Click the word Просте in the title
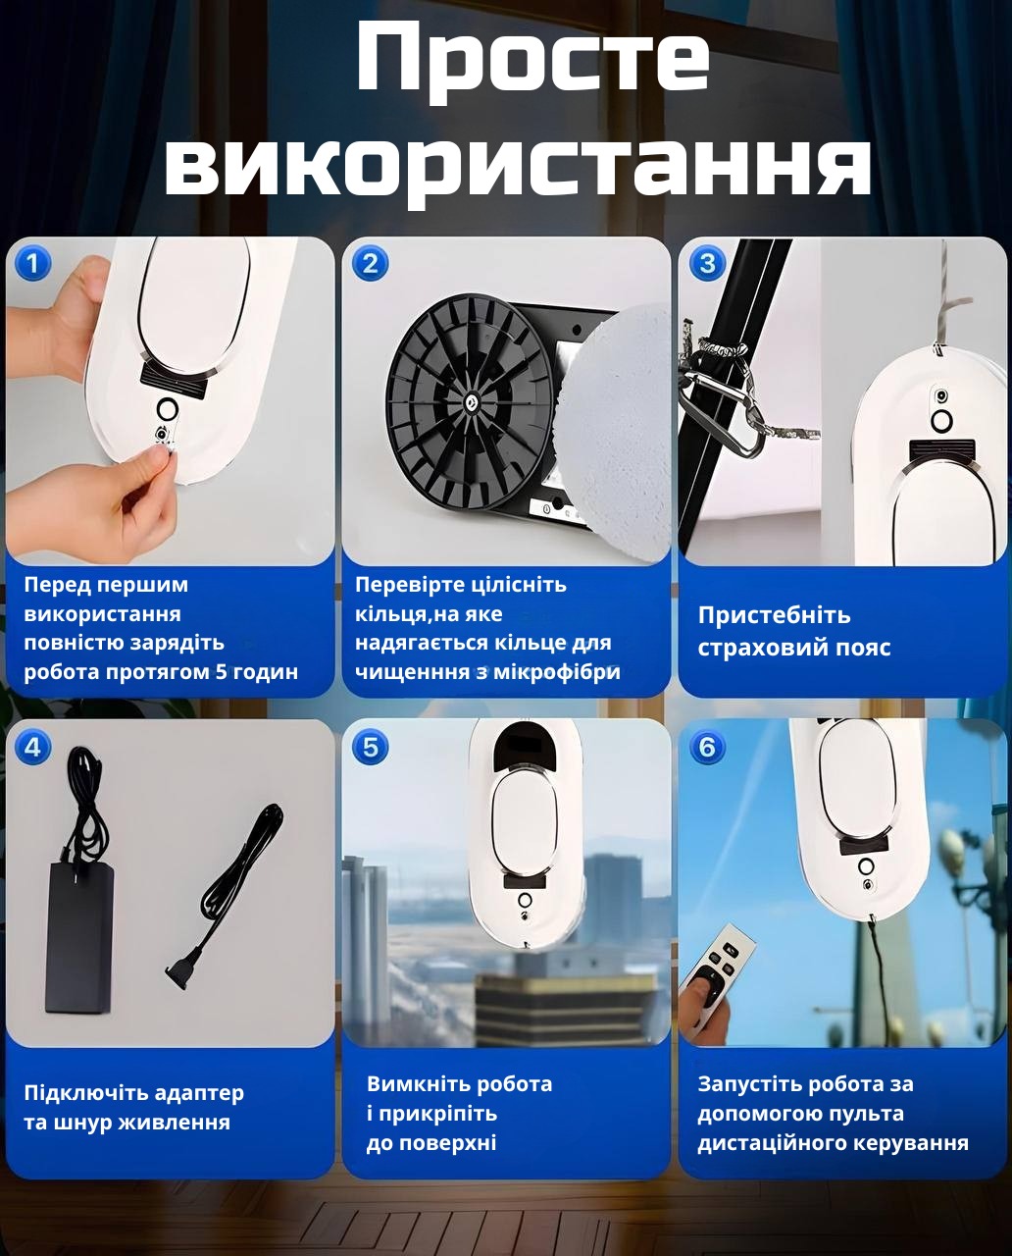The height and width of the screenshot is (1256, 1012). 532,59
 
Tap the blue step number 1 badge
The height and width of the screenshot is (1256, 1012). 32,263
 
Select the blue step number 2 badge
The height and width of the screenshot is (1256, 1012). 370,263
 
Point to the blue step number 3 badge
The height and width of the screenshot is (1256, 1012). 707,263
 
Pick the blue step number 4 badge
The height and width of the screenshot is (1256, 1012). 32,747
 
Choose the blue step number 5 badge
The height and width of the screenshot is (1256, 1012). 370,747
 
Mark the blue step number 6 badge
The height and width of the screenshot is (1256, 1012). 707,747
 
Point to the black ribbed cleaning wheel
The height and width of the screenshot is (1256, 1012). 469,402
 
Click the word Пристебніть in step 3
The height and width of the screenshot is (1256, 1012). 774,615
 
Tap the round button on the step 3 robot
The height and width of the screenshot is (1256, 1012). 941,420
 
